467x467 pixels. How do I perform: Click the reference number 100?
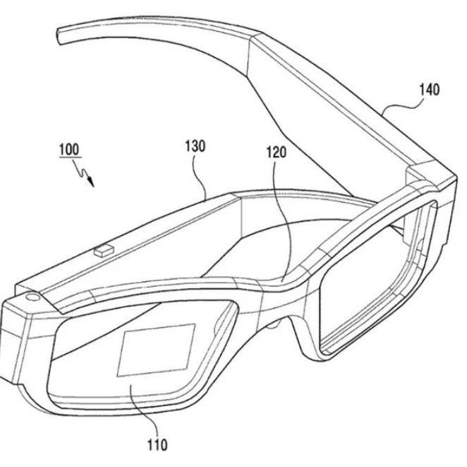(x=69, y=149)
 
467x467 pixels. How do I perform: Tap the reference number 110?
(x=157, y=445)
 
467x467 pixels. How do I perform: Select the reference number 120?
(x=276, y=152)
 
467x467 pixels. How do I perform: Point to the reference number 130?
(x=195, y=146)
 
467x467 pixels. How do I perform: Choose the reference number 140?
(x=429, y=90)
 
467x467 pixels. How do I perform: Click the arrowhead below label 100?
(x=91, y=182)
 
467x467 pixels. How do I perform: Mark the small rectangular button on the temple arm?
(x=104, y=250)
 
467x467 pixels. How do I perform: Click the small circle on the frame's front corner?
(x=32, y=297)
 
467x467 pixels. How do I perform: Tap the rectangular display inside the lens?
(x=157, y=350)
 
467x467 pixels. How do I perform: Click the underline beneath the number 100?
(x=71, y=157)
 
